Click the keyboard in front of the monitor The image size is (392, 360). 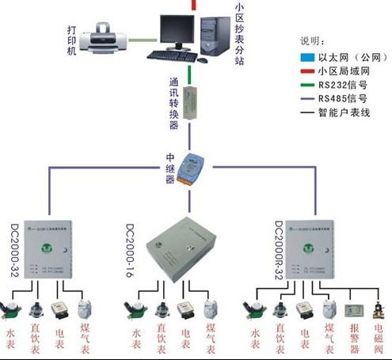(176, 55)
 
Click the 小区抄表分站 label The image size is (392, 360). (238, 32)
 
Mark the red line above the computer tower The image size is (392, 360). (194, 5)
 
